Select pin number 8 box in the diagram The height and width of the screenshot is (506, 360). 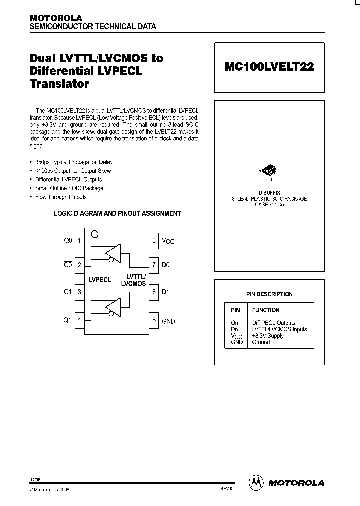coord(154,241)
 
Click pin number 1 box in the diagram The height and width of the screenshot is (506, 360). coord(79,241)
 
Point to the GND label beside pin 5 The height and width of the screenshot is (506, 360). coord(168,321)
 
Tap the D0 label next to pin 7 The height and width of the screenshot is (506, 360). coord(166,265)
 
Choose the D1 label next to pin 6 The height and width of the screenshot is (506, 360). coord(165,292)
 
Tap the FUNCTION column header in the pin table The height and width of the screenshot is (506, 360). coord(266,310)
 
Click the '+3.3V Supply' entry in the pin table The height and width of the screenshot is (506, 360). coord(268,336)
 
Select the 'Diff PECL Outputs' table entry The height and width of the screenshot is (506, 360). coord(274,323)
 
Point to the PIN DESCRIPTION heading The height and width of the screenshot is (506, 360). coord(269,294)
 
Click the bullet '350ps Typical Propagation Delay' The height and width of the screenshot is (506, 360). coord(74,162)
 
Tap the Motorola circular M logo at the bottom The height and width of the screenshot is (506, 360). coord(256,483)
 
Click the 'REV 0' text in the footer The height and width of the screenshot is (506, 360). coord(226,490)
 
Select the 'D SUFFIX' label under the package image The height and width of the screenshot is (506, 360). coord(269,192)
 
